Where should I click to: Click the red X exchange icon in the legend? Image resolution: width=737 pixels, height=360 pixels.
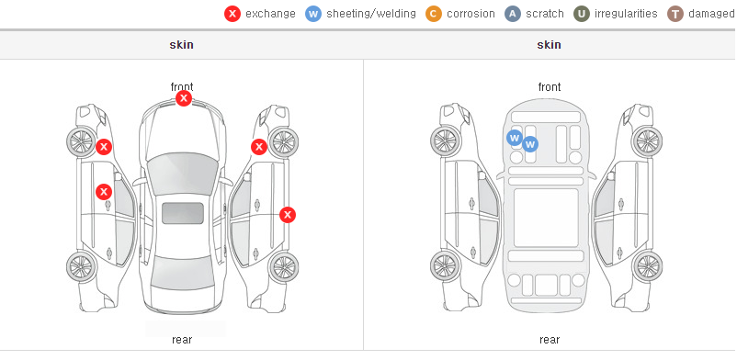coord(232,14)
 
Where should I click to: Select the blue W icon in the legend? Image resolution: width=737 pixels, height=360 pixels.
coord(313,14)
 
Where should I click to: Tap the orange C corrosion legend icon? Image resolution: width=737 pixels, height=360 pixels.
coord(434,14)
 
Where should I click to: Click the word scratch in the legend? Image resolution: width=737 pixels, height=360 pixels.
coord(545,14)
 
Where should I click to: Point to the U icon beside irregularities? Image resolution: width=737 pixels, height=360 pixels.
coord(582,14)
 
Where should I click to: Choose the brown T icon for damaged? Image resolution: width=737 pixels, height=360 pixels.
coord(675,14)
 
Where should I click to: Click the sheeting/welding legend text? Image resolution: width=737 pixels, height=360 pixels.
coord(371,14)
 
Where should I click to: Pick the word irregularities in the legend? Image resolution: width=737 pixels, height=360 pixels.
coord(626,14)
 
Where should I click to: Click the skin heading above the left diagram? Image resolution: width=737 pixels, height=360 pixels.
coord(181,45)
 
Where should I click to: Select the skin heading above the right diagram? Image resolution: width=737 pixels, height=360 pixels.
coord(549,45)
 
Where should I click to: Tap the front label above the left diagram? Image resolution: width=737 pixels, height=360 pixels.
coord(182,86)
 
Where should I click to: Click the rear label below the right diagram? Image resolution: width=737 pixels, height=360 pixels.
coord(550,339)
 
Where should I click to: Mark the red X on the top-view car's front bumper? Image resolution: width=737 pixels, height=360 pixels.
coord(184,98)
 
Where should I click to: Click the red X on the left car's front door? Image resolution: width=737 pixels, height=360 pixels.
coord(104,192)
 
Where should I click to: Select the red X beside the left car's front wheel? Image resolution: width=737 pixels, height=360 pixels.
coord(104,147)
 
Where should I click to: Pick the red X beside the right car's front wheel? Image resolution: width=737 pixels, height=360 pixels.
coord(259,147)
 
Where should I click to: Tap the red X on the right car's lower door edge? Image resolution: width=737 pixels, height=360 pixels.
coord(288,215)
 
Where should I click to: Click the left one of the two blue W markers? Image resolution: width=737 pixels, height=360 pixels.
coord(515,138)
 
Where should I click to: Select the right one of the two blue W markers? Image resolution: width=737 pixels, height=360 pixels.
coord(530,144)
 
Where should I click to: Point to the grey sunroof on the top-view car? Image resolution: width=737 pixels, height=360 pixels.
coord(183,213)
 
